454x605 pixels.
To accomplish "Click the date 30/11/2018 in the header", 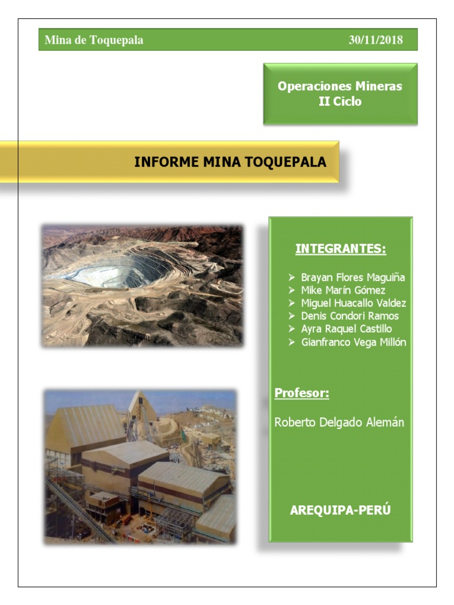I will click(x=375, y=40).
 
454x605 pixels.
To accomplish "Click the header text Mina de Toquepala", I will click(x=94, y=40).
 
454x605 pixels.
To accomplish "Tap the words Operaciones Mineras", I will click(x=340, y=86).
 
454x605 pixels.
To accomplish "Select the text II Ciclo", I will click(x=340, y=102).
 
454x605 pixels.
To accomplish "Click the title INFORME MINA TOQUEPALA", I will click(x=230, y=162).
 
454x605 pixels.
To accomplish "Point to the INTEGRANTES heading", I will click(x=340, y=249).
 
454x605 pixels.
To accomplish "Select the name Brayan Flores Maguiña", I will click(x=353, y=277).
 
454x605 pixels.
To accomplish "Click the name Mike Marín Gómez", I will click(x=343, y=290).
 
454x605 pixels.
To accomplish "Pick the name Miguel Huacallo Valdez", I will click(x=354, y=303).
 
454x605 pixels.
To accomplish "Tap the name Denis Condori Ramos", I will click(x=350, y=316).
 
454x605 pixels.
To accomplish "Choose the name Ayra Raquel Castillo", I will click(x=346, y=329).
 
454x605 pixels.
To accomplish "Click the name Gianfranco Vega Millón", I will click(x=354, y=342).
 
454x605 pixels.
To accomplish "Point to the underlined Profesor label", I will click(x=302, y=393).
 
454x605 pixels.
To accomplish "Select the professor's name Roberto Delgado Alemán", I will click(x=339, y=422).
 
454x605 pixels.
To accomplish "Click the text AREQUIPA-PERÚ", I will click(x=340, y=510).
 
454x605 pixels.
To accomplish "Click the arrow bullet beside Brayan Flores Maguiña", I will click(x=291, y=277).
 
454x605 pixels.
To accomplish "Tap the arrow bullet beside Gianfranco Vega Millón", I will click(x=291, y=342).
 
